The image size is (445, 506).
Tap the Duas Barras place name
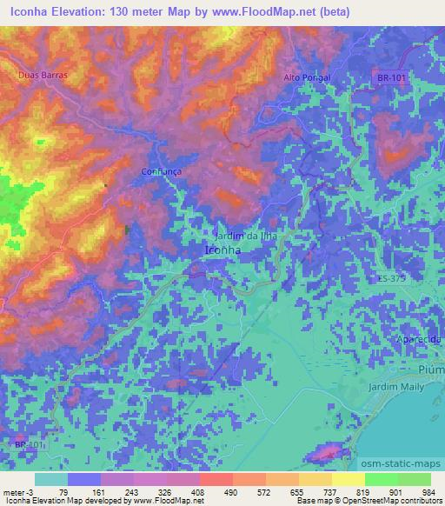pyautogui.click(x=43, y=76)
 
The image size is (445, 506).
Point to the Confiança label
pyautogui.click(x=162, y=172)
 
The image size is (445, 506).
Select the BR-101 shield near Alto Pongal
pyautogui.click(x=392, y=78)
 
